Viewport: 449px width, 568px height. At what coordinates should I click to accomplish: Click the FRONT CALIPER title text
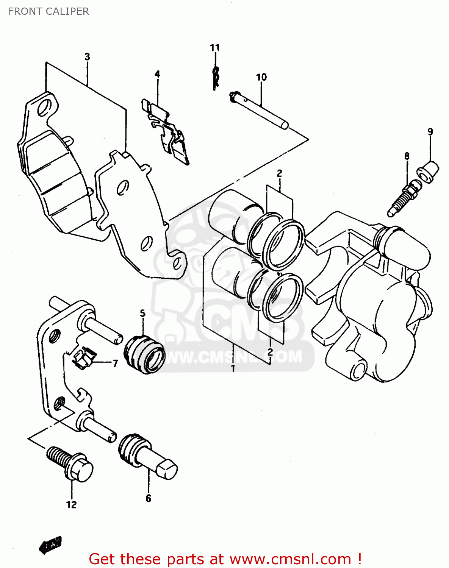pos(48,11)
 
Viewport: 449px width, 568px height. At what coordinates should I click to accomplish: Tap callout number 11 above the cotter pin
pos(215,48)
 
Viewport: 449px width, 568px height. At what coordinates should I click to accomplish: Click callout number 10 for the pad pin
pos(261,77)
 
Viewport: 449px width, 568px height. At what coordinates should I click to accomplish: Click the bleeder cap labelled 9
pos(428,172)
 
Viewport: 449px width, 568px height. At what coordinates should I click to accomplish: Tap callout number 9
pos(430,132)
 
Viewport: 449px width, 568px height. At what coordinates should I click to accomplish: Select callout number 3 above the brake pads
pos(87,57)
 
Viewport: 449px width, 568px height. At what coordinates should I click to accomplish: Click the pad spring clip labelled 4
pos(167,131)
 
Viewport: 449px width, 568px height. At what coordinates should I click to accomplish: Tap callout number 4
pos(157,74)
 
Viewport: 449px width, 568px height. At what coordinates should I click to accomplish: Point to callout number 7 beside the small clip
pos(115,363)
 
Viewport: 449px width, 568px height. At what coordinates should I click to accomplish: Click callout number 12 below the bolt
pos(71,505)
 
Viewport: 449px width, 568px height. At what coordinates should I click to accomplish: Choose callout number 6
pos(149,498)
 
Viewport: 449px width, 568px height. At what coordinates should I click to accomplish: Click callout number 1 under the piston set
pos(233,368)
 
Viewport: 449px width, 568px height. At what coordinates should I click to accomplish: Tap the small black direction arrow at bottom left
pos(50,545)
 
